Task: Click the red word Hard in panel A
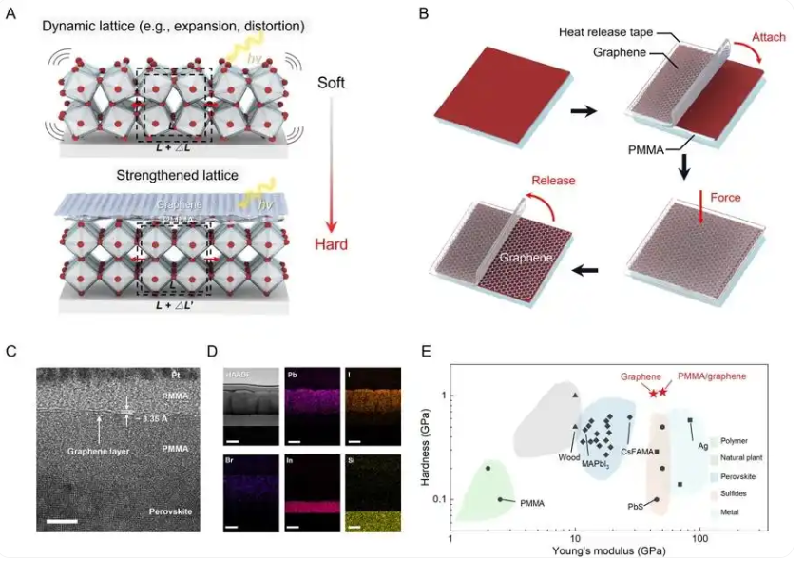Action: click(x=332, y=244)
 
